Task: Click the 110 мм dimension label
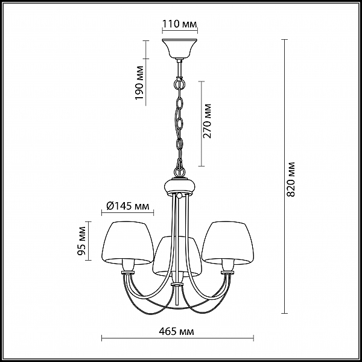[x=180, y=24]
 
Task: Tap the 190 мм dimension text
[x=139, y=83]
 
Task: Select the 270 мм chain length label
[x=207, y=121]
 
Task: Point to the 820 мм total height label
[x=291, y=179]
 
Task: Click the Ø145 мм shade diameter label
[x=128, y=206]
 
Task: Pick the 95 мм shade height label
[x=81, y=241]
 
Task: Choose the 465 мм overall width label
[x=176, y=331]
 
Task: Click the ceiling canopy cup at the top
[x=180, y=48]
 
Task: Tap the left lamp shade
[x=128, y=243]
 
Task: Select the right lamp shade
[x=227, y=243]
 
